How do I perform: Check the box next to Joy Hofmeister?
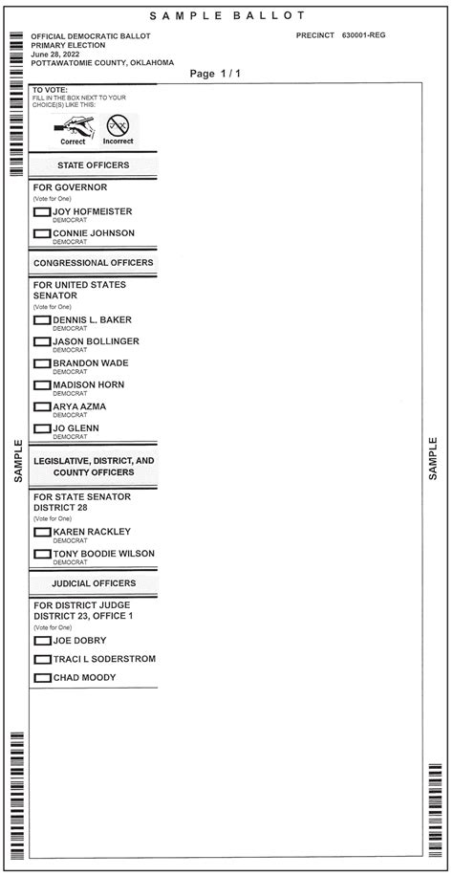42,211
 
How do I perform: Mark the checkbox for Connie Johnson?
42,233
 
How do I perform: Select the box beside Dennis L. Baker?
42,320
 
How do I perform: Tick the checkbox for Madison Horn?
42,385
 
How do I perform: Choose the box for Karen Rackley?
42,532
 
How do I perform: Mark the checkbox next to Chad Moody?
42,678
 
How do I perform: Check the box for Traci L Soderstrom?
42,660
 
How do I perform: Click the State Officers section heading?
94,165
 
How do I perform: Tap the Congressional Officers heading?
94,263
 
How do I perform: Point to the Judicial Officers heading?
94,583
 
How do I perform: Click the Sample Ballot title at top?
227,16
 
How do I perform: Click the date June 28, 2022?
55,54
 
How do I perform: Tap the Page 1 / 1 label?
215,74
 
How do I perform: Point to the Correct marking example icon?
73,128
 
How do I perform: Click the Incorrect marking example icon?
119,128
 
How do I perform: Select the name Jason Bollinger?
96,341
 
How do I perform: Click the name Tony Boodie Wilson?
103,554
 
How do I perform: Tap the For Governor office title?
70,187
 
